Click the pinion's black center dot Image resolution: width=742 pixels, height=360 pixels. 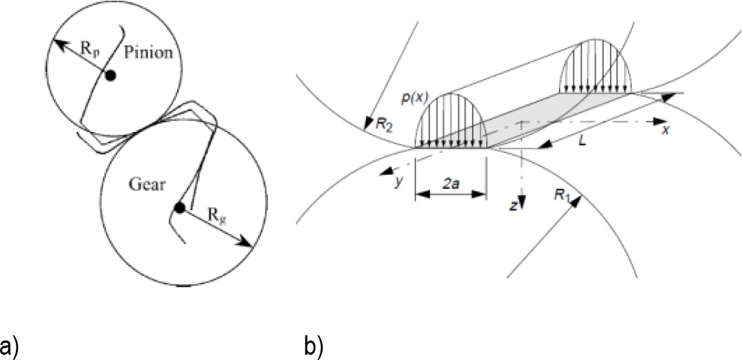tap(111, 75)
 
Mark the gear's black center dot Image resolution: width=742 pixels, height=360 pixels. tap(179, 208)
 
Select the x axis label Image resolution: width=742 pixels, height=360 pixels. tap(665, 130)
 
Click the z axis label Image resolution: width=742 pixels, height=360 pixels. tap(512, 205)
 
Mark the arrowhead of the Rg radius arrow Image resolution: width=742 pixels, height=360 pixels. tap(248, 243)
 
